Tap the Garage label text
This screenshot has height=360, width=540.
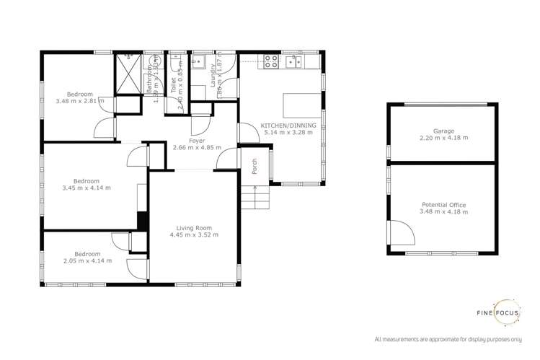click(x=443, y=131)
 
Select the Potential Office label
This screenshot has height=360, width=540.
click(x=443, y=205)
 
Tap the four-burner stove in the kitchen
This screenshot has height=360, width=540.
click(x=272, y=62)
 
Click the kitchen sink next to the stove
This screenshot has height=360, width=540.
click(x=294, y=62)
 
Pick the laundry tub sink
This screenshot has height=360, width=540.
click(x=201, y=61)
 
